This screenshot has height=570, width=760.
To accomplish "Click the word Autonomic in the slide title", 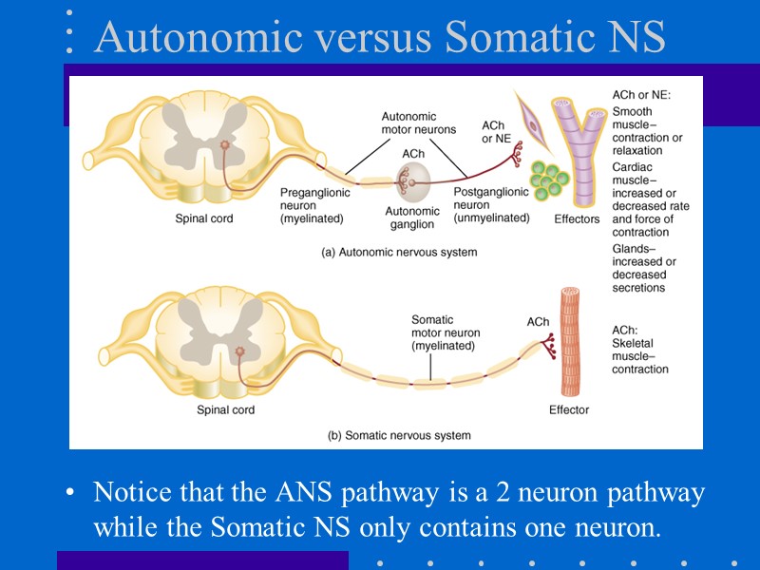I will pos(181,37).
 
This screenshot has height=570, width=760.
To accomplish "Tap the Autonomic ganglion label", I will pos(412,218).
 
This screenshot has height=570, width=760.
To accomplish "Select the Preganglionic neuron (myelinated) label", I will pos(314,205).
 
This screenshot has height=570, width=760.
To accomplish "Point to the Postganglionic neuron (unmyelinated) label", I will pos(491,204).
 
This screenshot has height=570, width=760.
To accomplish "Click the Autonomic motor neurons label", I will pos(418,123).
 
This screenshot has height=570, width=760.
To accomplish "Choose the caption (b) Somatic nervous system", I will pos(399,435).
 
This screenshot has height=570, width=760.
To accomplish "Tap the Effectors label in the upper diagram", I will pos(577,218).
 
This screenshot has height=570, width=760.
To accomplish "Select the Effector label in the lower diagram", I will pos(569,409).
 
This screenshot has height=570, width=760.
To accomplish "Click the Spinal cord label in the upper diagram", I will pos(203,218).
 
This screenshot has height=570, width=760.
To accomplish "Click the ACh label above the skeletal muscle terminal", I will pos(538,321).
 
